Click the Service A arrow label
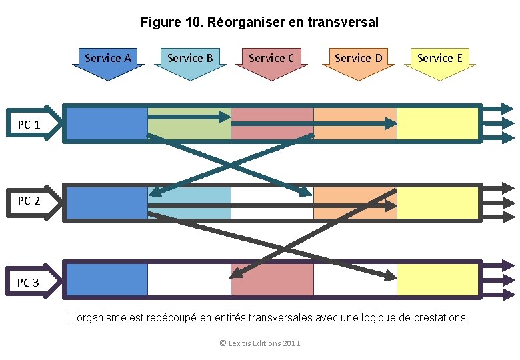point(108,59)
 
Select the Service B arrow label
point(190,59)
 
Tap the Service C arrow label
point(271,59)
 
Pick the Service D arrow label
point(359,59)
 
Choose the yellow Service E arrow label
point(440,59)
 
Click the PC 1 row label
point(29,125)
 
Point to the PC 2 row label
point(29,201)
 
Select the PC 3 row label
point(29,283)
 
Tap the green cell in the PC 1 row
point(189,130)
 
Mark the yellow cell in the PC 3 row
point(438,280)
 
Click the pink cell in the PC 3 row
point(272,283)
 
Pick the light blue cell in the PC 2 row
point(189,197)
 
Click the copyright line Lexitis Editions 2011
point(260,343)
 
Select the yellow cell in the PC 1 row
point(438,124)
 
